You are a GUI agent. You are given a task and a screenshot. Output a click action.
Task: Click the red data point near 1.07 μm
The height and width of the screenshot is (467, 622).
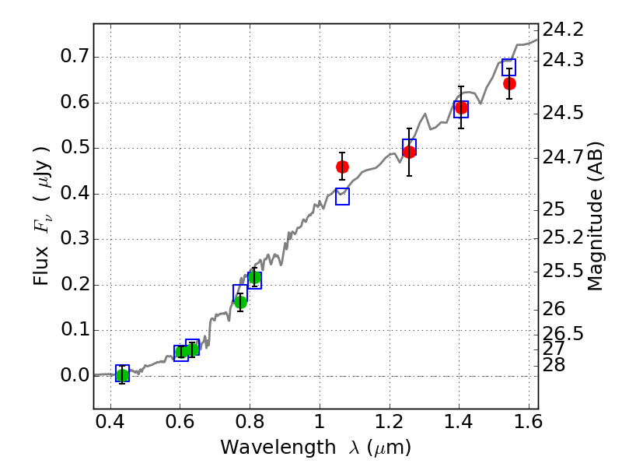342,167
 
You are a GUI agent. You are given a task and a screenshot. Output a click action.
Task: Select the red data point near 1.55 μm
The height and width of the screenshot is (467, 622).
509,83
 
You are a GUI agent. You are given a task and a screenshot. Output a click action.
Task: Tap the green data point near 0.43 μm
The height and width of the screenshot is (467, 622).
122,375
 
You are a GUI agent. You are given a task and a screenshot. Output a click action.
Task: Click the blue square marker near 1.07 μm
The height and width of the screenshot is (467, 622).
342,197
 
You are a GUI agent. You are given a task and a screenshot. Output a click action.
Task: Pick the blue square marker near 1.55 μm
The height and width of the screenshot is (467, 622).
508,67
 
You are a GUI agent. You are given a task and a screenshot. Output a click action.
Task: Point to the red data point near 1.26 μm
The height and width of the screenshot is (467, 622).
409,152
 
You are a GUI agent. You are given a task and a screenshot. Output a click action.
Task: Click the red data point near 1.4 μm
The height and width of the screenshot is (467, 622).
461,107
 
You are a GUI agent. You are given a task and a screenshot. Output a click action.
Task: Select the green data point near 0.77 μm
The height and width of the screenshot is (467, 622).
240,302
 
